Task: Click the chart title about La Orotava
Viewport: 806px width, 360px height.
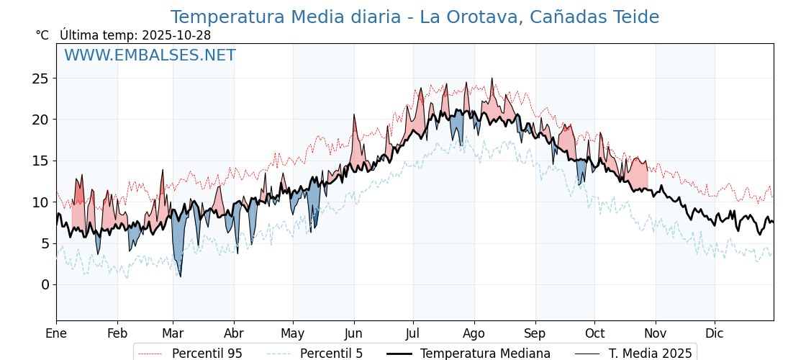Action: (x=415, y=17)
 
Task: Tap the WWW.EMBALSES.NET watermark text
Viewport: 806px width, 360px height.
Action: (x=150, y=55)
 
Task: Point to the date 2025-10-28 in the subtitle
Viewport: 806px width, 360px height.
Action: (x=176, y=35)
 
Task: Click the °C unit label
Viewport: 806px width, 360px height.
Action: (x=42, y=35)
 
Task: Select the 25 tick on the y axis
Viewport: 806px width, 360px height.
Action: (x=40, y=78)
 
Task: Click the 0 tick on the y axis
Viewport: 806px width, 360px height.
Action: (x=45, y=284)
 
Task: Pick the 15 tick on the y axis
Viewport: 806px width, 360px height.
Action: (x=40, y=161)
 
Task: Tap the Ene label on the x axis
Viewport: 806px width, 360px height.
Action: (x=56, y=333)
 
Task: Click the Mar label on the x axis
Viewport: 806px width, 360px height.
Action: (x=173, y=333)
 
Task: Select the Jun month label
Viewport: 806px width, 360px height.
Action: (x=354, y=333)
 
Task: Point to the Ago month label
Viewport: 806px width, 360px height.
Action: (x=474, y=333)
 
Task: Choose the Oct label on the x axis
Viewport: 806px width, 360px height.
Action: (x=594, y=333)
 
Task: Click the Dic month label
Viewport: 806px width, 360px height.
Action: (x=715, y=333)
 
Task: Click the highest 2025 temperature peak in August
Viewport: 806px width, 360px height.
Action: (x=492, y=79)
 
